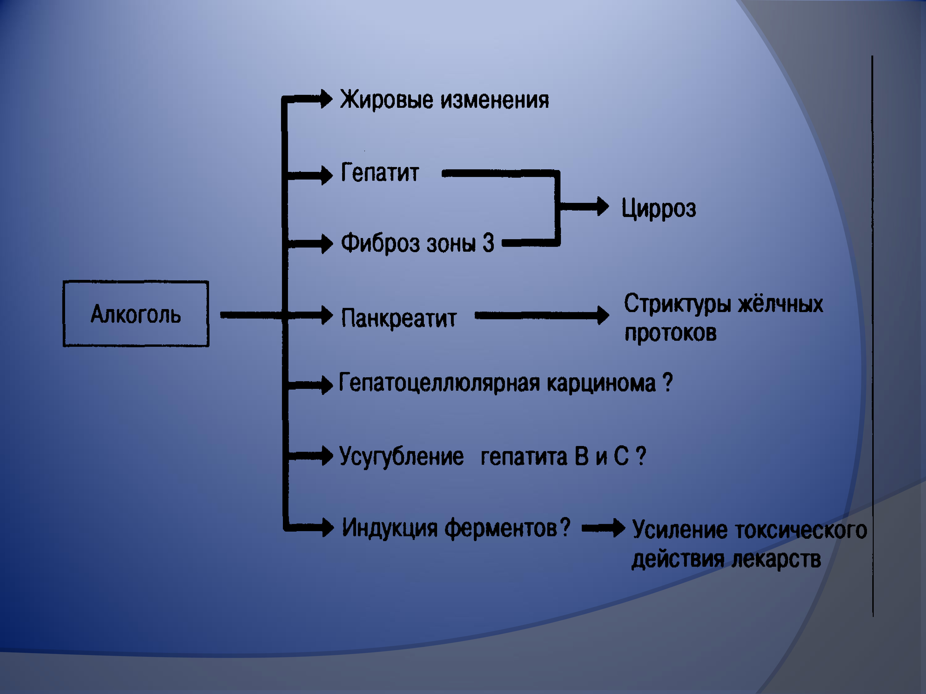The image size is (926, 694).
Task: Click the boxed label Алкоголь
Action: pos(136,314)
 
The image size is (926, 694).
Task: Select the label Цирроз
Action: pos(658,209)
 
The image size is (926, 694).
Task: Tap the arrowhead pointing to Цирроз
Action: pos(603,207)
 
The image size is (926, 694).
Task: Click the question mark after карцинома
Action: pos(668,382)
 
